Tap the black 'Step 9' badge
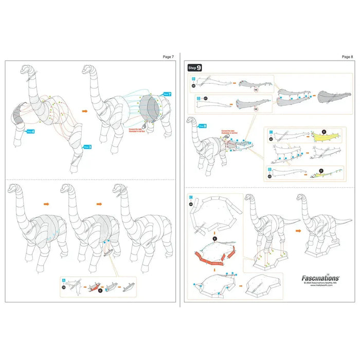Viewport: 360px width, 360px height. (x=195, y=67)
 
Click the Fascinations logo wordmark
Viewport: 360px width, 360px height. (x=319, y=277)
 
